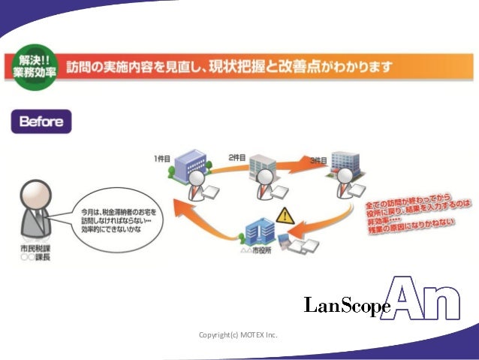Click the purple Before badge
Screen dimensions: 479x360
[41, 122]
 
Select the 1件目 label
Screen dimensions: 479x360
[164, 158]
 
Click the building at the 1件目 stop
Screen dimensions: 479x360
[190, 164]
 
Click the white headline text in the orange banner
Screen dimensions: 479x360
[229, 67]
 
